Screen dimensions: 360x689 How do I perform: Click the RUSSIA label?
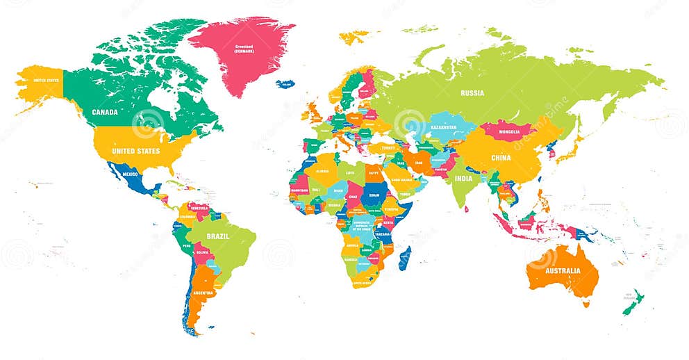472,92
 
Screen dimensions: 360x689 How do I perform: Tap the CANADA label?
104,112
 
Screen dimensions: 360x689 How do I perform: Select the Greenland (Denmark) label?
244,49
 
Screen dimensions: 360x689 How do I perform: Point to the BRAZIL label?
217,236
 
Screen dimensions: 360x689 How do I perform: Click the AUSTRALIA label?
561,270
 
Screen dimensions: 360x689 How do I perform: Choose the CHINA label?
500,158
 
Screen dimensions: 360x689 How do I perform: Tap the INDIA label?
463,179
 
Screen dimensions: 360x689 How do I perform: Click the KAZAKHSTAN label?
443,129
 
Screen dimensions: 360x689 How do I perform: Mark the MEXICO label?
131,174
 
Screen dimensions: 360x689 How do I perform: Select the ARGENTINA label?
203,293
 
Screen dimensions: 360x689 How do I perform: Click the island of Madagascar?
404,258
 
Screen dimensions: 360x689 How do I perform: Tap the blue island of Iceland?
285,84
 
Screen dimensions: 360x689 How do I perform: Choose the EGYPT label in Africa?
374,172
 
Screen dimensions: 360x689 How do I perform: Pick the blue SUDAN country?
374,195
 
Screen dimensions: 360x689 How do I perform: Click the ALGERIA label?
322,170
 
